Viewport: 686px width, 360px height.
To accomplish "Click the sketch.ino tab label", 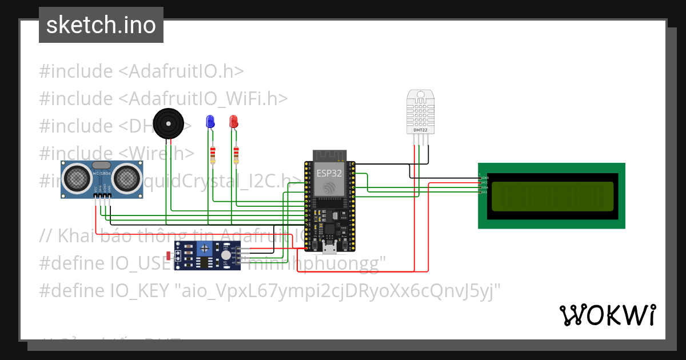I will coord(101,25).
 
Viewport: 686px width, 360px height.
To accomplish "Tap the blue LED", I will coord(210,121).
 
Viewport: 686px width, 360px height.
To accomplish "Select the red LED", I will coord(233,121).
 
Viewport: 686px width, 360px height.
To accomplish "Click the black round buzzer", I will coord(168,123).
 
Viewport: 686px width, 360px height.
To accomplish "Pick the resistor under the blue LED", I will coord(213,154).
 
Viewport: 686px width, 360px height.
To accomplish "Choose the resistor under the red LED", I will coord(236,154).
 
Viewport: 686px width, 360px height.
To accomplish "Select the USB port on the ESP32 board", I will coord(329,247).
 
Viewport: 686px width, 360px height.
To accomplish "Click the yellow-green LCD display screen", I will coord(552,196).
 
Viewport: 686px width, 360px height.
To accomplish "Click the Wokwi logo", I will coord(607,315).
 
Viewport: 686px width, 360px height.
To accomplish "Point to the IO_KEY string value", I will coord(337,291).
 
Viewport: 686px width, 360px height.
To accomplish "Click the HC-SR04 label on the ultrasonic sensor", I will coord(101,173).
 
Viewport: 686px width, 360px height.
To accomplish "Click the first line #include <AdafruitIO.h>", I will coord(141,71).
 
